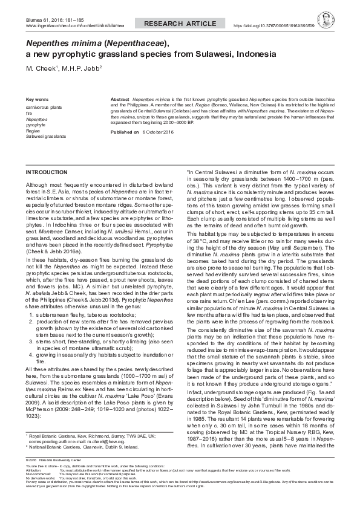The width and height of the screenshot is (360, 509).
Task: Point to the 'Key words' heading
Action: point(37,99)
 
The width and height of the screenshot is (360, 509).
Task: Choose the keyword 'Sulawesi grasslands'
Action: point(46,137)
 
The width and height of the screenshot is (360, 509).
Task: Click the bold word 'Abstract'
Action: point(120,97)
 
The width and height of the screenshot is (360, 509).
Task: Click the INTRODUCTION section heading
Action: point(48,172)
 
